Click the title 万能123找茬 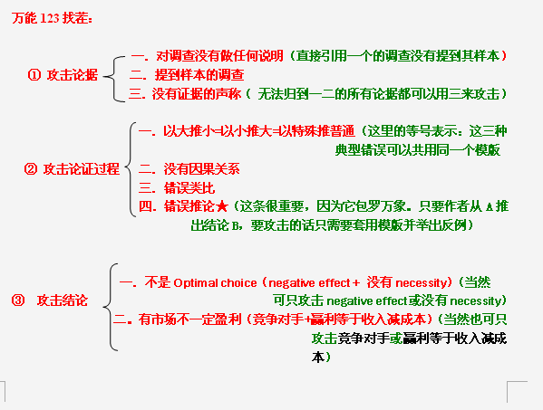[x=52, y=18]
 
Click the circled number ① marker [x=34, y=75]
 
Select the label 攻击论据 [x=73, y=75]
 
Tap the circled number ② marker [x=31, y=169]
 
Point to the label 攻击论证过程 [x=82, y=169]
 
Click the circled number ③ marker [x=18, y=300]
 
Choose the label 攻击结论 [x=63, y=300]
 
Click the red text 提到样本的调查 [x=199, y=75]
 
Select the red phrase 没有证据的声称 [x=197, y=94]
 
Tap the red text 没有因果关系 [x=201, y=169]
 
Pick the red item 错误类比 [x=189, y=188]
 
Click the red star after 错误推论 [x=221, y=206]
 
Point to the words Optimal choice [x=215, y=283]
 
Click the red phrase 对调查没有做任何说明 [x=220, y=56]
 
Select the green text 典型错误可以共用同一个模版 [x=418, y=150]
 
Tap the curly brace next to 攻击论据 [x=114, y=79]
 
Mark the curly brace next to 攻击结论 [x=110, y=307]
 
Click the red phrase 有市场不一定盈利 [x=189, y=319]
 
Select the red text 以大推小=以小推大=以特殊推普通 [x=259, y=131]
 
